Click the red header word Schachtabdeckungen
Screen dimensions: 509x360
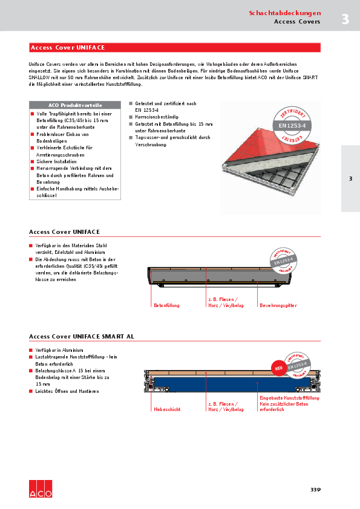pos(284,13)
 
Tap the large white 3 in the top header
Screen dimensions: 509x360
pos(345,19)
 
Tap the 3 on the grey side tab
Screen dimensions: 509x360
pos(350,179)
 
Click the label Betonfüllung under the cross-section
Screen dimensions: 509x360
pos(166,306)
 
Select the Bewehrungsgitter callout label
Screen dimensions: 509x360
pos(278,306)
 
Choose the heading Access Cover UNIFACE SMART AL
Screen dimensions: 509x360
pos(82,336)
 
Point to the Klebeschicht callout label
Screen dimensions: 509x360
pos(168,409)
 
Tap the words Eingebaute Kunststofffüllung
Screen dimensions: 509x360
pos(289,398)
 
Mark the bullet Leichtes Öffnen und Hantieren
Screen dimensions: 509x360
pos(67,391)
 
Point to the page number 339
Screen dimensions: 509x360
pos(315,490)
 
